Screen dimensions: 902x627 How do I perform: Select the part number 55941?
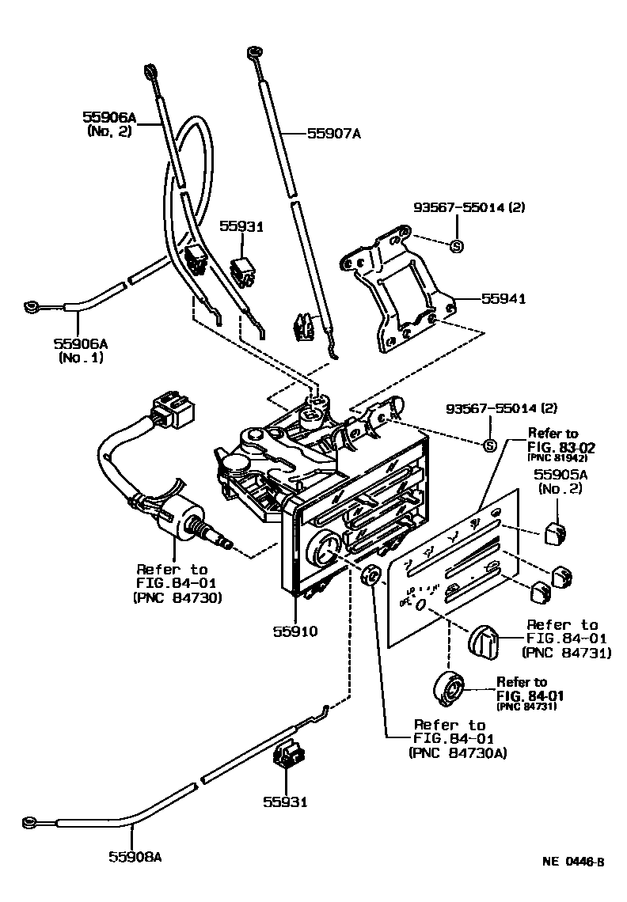tap(503, 299)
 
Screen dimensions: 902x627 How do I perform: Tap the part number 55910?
tap(295, 631)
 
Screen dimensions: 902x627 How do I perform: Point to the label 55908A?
tap(135, 856)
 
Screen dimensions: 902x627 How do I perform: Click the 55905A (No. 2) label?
tap(560, 482)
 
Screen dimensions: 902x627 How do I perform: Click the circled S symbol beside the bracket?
tap(456, 246)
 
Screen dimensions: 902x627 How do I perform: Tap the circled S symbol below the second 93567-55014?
tap(489, 445)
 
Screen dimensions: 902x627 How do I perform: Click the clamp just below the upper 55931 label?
tap(247, 271)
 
